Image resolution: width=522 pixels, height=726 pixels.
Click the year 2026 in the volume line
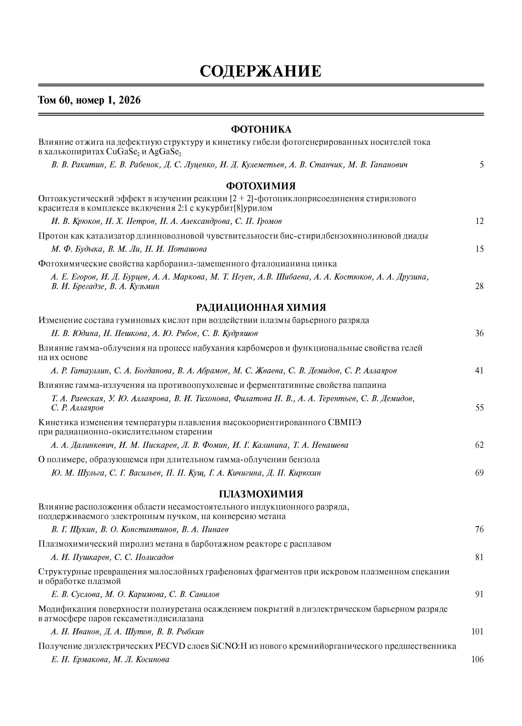click(129, 101)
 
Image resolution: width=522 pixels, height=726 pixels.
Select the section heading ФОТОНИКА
click(261, 129)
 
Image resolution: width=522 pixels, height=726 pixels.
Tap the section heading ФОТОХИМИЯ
click(261, 186)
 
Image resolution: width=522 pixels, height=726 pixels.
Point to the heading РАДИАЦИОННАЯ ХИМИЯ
click(261, 308)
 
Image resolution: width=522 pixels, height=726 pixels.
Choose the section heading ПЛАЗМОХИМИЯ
click(261, 494)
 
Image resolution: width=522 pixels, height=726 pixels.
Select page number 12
click(479, 221)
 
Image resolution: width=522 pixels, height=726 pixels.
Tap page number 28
click(479, 286)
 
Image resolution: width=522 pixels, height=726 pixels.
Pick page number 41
click(479, 371)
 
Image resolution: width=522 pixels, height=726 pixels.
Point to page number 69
click(479, 473)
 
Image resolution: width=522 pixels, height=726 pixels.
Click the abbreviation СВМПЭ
click(345, 422)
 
